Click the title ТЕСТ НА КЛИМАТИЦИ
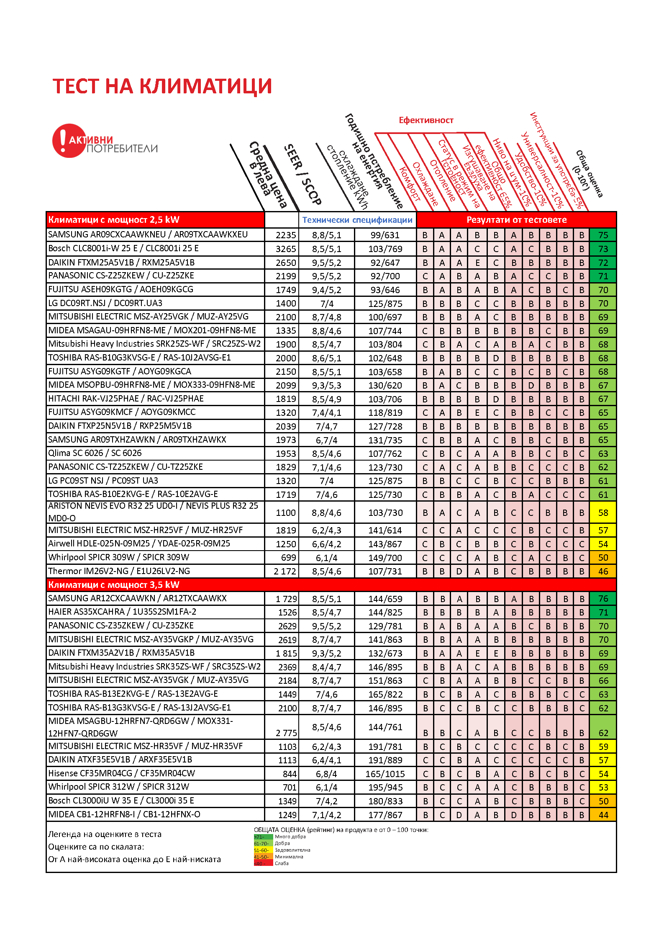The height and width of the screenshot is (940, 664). [x=162, y=86]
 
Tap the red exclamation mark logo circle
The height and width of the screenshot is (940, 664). [x=67, y=141]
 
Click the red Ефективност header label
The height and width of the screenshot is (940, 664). [x=426, y=121]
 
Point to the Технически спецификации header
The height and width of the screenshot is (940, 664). [x=357, y=220]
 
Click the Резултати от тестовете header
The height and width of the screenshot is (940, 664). [x=516, y=220]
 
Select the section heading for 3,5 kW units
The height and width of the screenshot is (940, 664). [x=114, y=585]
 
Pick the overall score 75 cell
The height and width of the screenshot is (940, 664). [x=603, y=235]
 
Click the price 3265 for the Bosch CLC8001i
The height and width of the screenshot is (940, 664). [x=286, y=249]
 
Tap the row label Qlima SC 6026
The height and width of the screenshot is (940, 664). [x=95, y=453]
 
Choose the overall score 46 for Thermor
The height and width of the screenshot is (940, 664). [x=603, y=571]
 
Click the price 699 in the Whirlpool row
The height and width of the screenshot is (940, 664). [x=288, y=558]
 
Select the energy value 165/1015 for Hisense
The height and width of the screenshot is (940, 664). [x=385, y=774]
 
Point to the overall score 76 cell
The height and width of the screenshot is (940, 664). [x=603, y=599]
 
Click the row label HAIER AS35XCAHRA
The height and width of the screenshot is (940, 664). [x=122, y=612]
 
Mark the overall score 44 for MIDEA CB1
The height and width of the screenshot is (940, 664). [x=603, y=815]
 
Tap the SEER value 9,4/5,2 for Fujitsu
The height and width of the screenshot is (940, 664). [x=326, y=290]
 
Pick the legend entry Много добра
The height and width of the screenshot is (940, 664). [x=290, y=837]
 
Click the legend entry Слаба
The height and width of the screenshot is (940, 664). [x=282, y=863]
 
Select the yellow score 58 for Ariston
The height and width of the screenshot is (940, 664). [x=603, y=513]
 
